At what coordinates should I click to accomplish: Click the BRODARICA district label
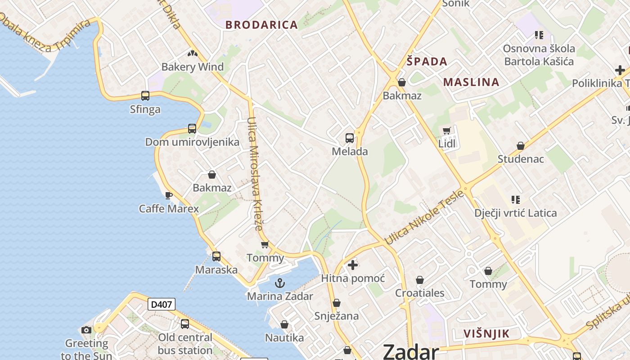pos(261,25)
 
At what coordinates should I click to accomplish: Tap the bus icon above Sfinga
pos(145,95)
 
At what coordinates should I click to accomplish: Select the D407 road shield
pos(161,305)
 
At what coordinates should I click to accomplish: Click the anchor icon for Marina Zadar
pos(280,283)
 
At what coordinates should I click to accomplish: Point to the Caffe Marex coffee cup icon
pos(169,195)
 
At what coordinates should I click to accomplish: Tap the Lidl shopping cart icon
pos(446,131)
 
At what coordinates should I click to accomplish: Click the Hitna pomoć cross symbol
pos(353,265)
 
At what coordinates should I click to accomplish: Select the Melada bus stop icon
pos(350,138)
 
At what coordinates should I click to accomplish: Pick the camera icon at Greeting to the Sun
pos(86,330)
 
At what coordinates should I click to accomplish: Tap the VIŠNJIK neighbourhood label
pos(486,334)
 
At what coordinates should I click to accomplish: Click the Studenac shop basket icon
pos(521,146)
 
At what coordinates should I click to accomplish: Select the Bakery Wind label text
pos(192,67)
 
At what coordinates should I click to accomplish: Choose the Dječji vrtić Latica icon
pos(516,199)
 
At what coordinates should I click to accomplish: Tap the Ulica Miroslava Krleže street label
pos(255,174)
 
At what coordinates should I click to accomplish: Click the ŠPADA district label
pos(427,62)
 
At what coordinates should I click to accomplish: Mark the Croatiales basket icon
pos(420,280)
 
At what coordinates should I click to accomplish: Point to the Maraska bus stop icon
pos(216,256)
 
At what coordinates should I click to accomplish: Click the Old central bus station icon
pos(185,324)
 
